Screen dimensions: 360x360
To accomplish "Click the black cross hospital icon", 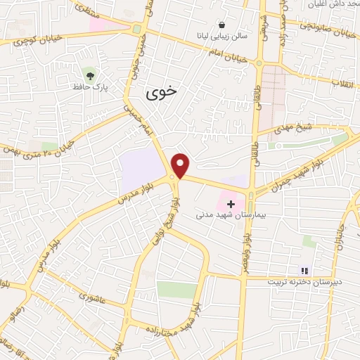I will point(231,204).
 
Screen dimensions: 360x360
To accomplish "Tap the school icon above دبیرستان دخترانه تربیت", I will point(304,270).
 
